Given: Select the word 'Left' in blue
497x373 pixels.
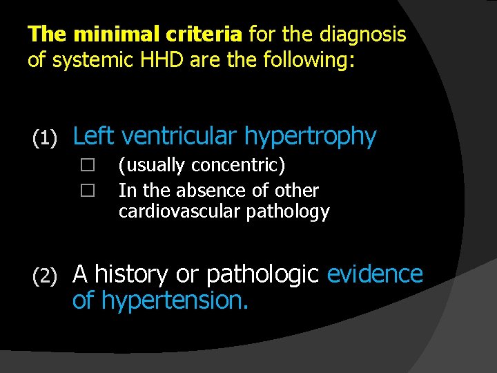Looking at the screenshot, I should click(94, 136).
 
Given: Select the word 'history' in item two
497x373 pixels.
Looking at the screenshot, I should click(133, 275).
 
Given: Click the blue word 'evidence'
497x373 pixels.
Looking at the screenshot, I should click(375, 274).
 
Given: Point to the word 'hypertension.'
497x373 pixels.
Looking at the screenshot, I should click(175, 301).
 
